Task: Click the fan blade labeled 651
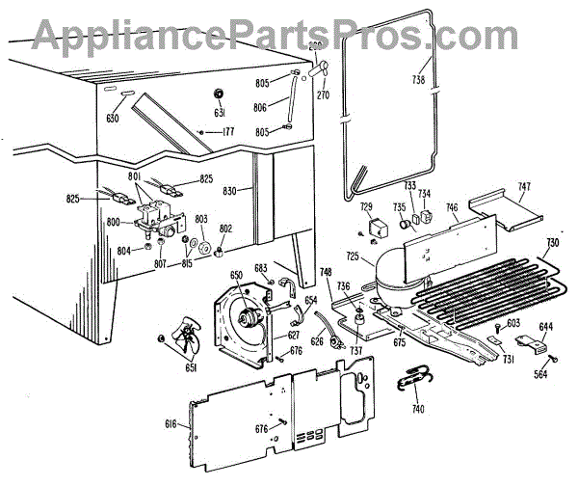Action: pyautogui.click(x=180, y=340)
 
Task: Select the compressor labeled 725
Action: pyautogui.click(x=406, y=264)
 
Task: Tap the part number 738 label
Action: pyautogui.click(x=418, y=79)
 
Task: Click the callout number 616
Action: pyautogui.click(x=171, y=423)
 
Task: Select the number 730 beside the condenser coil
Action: pyautogui.click(x=552, y=243)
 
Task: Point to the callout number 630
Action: pyautogui.click(x=114, y=120)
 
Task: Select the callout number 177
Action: pyautogui.click(x=227, y=131)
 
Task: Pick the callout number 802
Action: pyautogui.click(x=225, y=229)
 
